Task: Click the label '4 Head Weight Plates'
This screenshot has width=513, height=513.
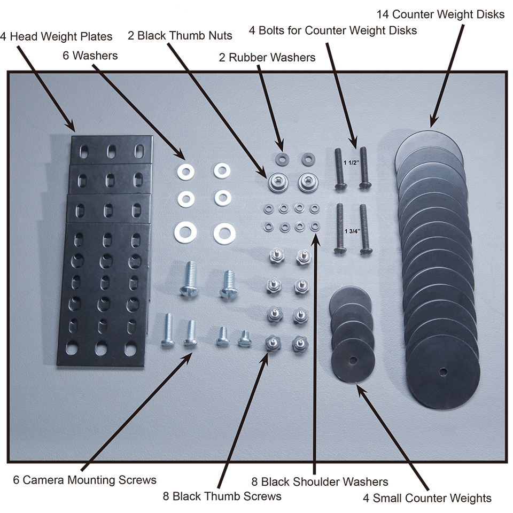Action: [56, 36]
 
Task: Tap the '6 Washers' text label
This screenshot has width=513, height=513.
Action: [90, 56]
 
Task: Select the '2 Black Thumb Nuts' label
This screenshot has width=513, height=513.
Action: [180, 35]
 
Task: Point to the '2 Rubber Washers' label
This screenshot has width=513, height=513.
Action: [267, 58]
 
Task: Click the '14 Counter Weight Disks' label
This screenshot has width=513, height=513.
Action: [440, 14]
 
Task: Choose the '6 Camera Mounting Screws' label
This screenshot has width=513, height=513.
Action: [85, 480]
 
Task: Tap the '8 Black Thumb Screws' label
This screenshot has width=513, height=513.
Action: [222, 496]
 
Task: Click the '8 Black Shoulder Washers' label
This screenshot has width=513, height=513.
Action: [320, 481]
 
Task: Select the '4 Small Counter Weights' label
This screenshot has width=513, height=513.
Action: [427, 498]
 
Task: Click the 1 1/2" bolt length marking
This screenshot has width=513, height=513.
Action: [352, 162]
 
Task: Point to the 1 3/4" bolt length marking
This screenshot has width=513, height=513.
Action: [352, 231]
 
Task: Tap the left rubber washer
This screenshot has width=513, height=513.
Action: [282, 159]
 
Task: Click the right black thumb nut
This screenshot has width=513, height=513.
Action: [308, 182]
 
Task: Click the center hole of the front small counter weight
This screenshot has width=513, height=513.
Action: [353, 361]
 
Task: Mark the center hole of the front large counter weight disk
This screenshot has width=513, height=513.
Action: [443, 372]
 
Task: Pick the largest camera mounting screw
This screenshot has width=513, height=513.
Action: [189, 279]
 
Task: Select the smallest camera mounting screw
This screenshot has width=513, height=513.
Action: [244, 339]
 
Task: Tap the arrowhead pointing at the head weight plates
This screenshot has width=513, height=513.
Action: [71, 126]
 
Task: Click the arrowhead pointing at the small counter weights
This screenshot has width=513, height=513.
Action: [361, 390]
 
